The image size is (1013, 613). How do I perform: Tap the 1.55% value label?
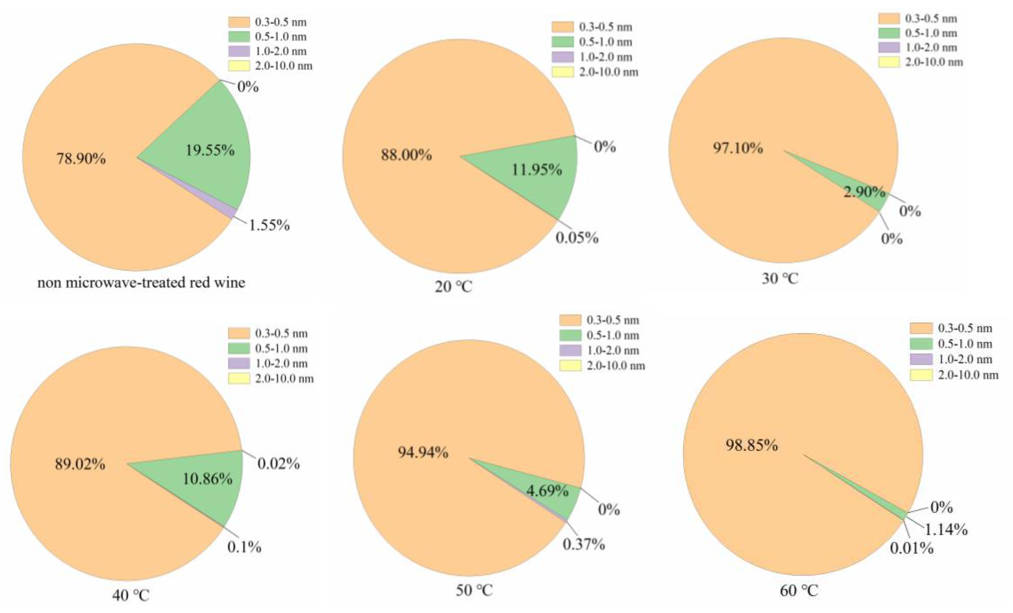(269, 225)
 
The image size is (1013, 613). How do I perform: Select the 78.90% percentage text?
(81, 158)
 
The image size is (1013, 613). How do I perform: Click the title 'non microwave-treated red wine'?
(141, 283)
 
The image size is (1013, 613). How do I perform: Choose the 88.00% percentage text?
(406, 155)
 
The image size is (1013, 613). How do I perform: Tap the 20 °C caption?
(453, 286)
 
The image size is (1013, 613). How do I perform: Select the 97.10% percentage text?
(738, 148)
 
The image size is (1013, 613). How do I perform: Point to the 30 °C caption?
(780, 279)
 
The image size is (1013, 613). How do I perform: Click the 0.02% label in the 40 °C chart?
(278, 464)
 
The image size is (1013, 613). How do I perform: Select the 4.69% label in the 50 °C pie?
(547, 491)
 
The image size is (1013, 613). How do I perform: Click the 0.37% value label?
(583, 544)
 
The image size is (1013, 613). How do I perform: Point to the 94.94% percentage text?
(423, 452)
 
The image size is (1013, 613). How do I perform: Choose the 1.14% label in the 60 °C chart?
(945, 530)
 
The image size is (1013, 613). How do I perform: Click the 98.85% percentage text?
(751, 445)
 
